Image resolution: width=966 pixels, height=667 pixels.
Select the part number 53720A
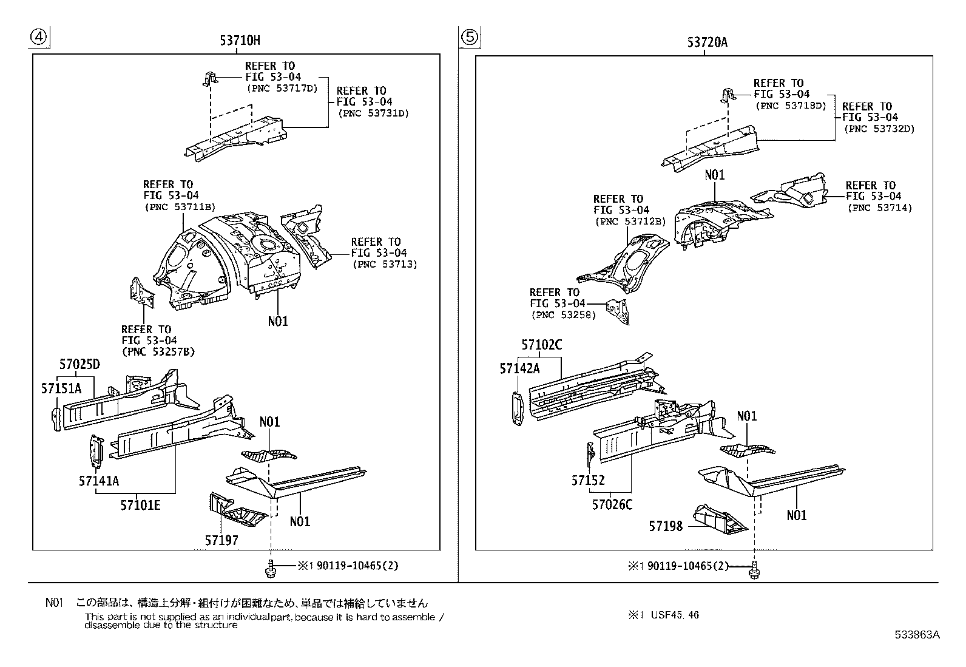click(707, 42)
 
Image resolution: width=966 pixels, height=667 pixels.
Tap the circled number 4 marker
click(38, 37)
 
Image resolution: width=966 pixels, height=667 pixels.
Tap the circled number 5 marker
click(470, 37)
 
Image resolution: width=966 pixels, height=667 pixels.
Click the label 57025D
click(79, 365)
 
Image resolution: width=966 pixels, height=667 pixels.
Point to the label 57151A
click(61, 388)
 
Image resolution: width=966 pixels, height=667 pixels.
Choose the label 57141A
click(98, 481)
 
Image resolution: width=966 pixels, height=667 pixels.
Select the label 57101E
click(140, 504)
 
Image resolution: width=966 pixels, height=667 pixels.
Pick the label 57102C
click(541, 345)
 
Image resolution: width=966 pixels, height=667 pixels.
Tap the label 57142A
click(519, 368)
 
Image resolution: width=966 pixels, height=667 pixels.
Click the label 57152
click(588, 481)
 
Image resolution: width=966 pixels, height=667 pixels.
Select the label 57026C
click(612, 504)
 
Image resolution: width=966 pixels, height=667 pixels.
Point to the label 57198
click(666, 526)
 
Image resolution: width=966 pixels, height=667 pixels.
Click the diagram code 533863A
click(917, 635)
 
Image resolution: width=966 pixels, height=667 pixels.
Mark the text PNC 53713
click(385, 264)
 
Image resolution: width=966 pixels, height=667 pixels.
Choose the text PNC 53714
click(880, 208)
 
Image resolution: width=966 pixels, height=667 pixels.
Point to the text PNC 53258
click(563, 315)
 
